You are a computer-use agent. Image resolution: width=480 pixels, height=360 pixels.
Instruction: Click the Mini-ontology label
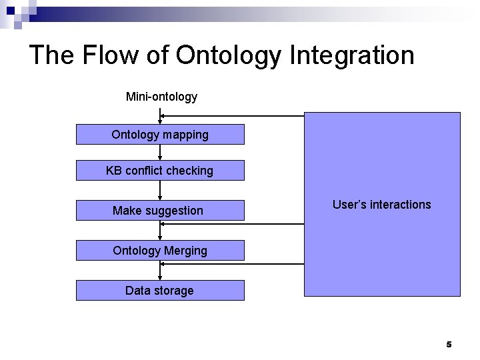click(161, 97)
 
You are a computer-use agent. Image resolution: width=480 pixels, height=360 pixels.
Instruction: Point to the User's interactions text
click(381, 205)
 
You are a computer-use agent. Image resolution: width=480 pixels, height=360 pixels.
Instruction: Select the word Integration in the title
click(352, 55)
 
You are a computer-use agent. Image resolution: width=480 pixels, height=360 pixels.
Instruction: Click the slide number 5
click(449, 345)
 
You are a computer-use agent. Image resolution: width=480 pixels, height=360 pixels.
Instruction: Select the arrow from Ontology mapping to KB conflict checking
click(160, 153)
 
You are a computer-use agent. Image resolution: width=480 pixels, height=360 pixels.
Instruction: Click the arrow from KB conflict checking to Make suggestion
click(160, 190)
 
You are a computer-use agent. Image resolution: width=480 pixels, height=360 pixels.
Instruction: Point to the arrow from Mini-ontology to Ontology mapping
click(160, 116)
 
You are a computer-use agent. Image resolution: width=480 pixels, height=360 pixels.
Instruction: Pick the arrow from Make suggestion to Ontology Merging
click(160, 230)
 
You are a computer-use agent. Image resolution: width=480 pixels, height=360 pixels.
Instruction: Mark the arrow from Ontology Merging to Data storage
click(160, 270)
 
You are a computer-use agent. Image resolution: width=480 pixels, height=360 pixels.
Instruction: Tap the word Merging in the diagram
click(185, 251)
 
